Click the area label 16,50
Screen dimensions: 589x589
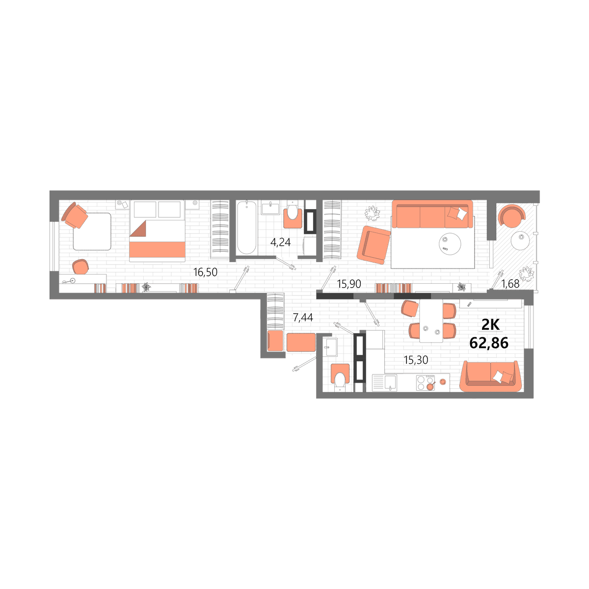tap(205, 272)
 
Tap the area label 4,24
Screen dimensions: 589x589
tap(280, 242)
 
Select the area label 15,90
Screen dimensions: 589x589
tap(349, 284)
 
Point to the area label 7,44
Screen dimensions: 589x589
tap(303, 318)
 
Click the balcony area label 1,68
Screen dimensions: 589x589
tap(510, 284)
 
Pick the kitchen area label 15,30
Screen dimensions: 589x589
tap(416, 360)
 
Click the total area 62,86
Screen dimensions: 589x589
tap(489, 343)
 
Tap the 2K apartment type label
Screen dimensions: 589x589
tap(490, 324)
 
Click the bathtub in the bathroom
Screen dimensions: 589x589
tap(246, 227)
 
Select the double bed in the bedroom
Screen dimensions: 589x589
tap(157, 231)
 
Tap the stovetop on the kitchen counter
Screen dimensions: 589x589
tap(426, 383)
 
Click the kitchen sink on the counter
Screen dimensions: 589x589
tap(384, 383)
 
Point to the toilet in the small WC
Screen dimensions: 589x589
tap(340, 378)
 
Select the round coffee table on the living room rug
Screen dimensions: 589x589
tap(450, 243)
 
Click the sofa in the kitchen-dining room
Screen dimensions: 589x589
tap(490, 376)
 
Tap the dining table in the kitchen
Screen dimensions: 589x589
tap(431, 321)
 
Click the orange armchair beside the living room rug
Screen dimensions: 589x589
tap(374, 245)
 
